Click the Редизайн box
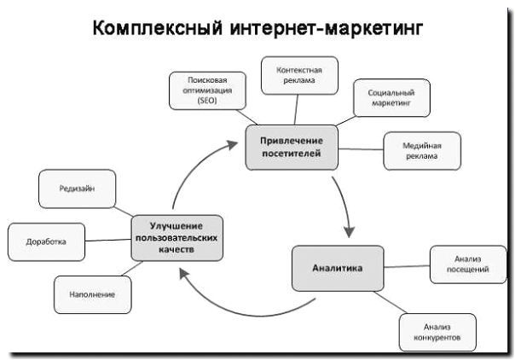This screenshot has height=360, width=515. tap(77, 188)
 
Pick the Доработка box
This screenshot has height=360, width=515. tap(47, 241)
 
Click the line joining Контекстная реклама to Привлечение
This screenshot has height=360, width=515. tap(296, 110)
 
